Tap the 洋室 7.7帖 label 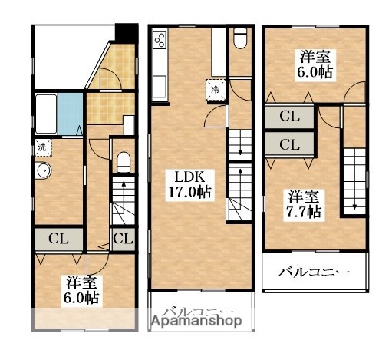304,203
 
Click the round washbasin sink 43,172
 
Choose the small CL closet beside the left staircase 121,238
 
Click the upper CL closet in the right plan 288,117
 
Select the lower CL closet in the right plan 288,144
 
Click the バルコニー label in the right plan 314,273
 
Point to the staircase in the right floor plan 354,177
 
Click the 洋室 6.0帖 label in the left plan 81,289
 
